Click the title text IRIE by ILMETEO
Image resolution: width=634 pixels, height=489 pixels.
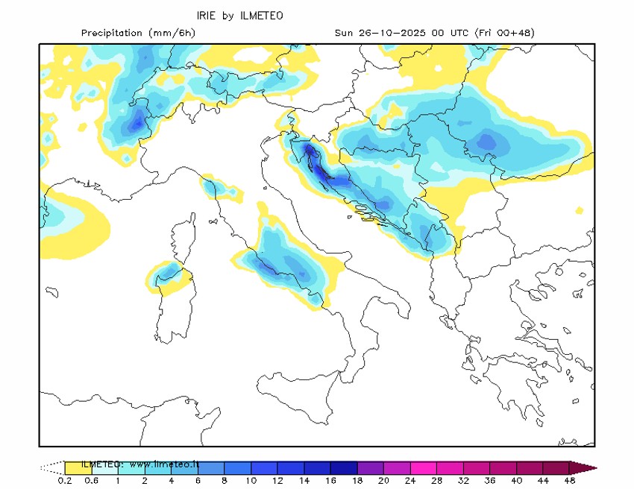(239, 15)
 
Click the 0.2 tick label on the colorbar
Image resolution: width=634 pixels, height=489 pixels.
(65, 481)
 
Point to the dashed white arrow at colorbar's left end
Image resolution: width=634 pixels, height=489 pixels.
(51, 467)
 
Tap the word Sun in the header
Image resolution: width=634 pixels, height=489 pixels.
(344, 33)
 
